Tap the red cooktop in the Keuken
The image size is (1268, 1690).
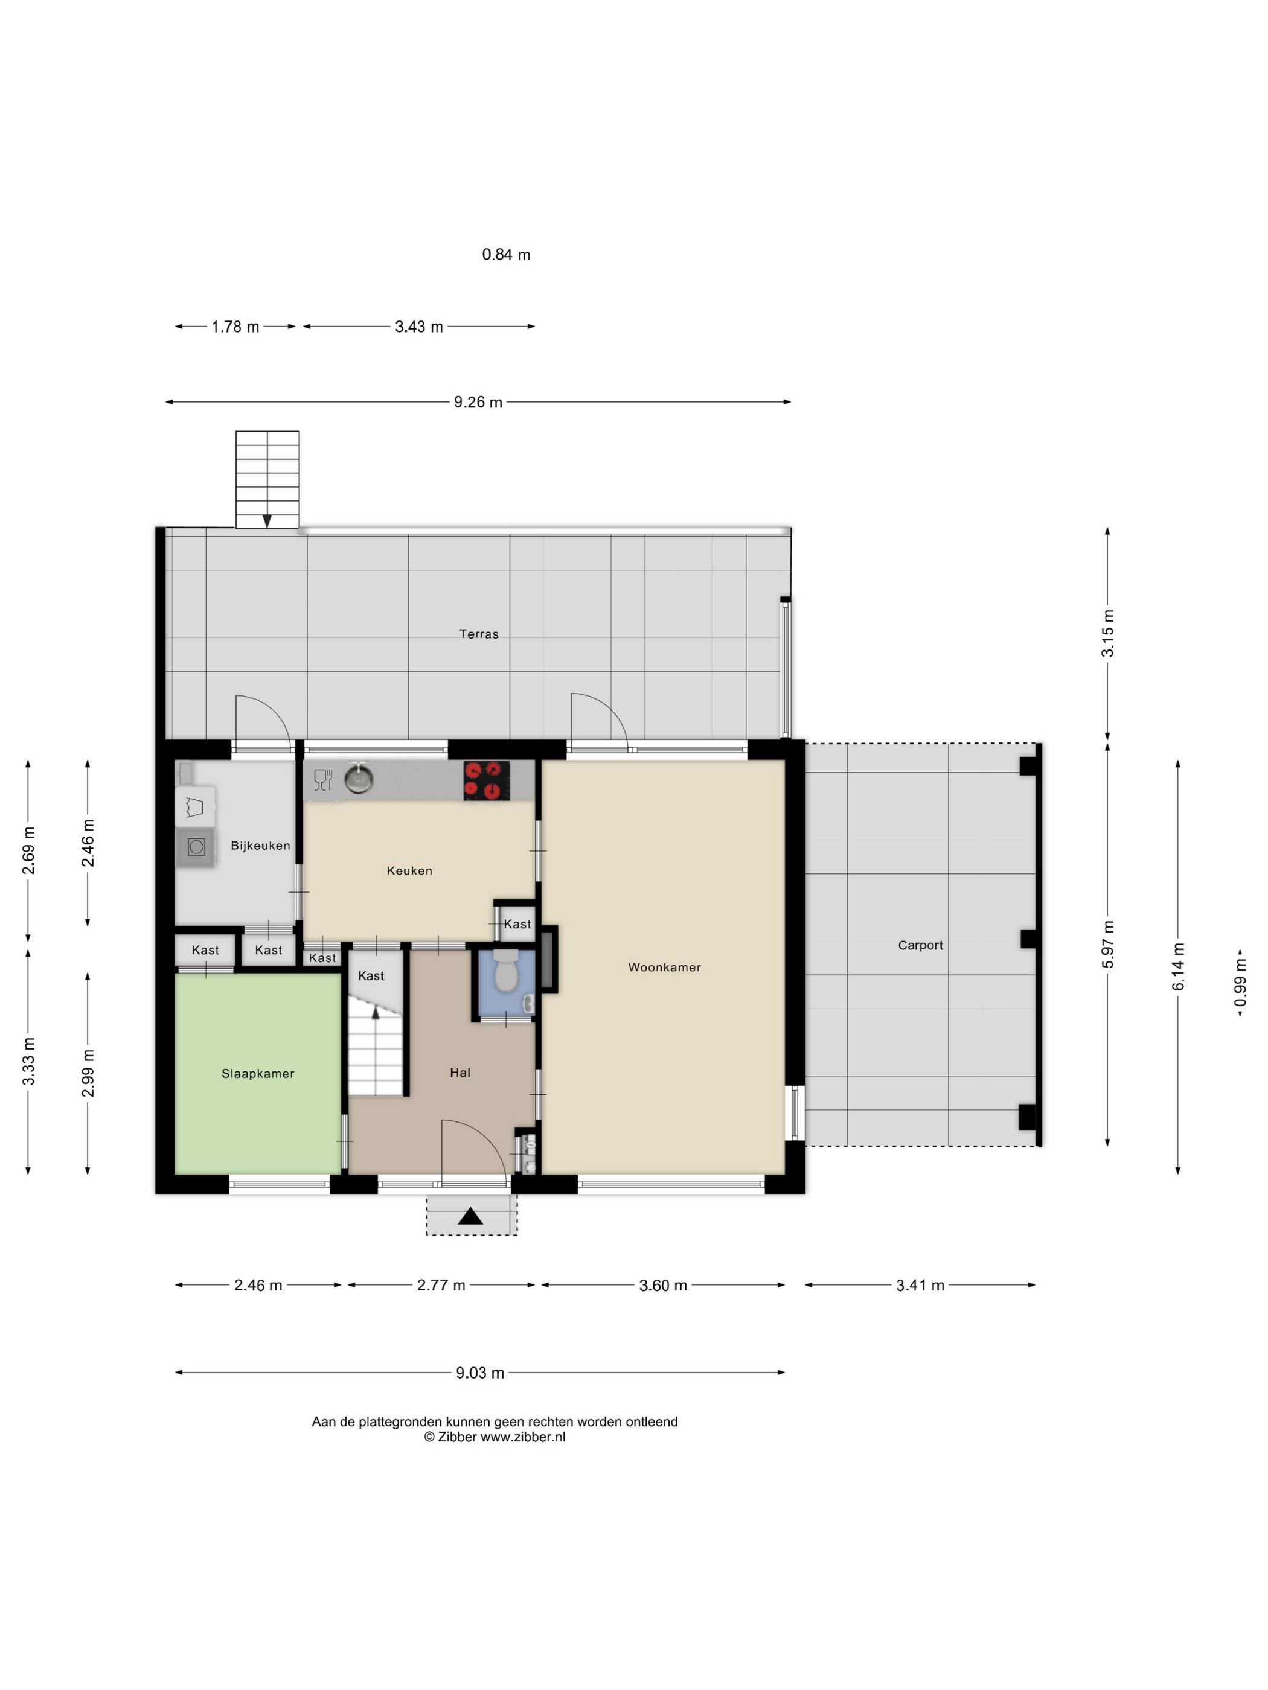486,780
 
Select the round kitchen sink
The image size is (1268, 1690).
359,779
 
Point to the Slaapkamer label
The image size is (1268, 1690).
258,1073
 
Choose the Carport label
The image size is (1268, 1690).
920,945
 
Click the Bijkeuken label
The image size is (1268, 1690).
260,846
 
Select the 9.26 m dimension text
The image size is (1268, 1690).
478,403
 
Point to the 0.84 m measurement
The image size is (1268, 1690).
506,255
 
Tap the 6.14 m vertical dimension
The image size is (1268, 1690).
1178,968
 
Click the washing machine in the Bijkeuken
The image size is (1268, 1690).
196,847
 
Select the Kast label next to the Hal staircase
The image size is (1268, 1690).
371,975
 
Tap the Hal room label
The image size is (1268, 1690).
460,1073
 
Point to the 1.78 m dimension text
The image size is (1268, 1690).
235,327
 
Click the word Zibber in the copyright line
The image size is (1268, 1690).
456,1437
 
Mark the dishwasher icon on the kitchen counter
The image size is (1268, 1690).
322,779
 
